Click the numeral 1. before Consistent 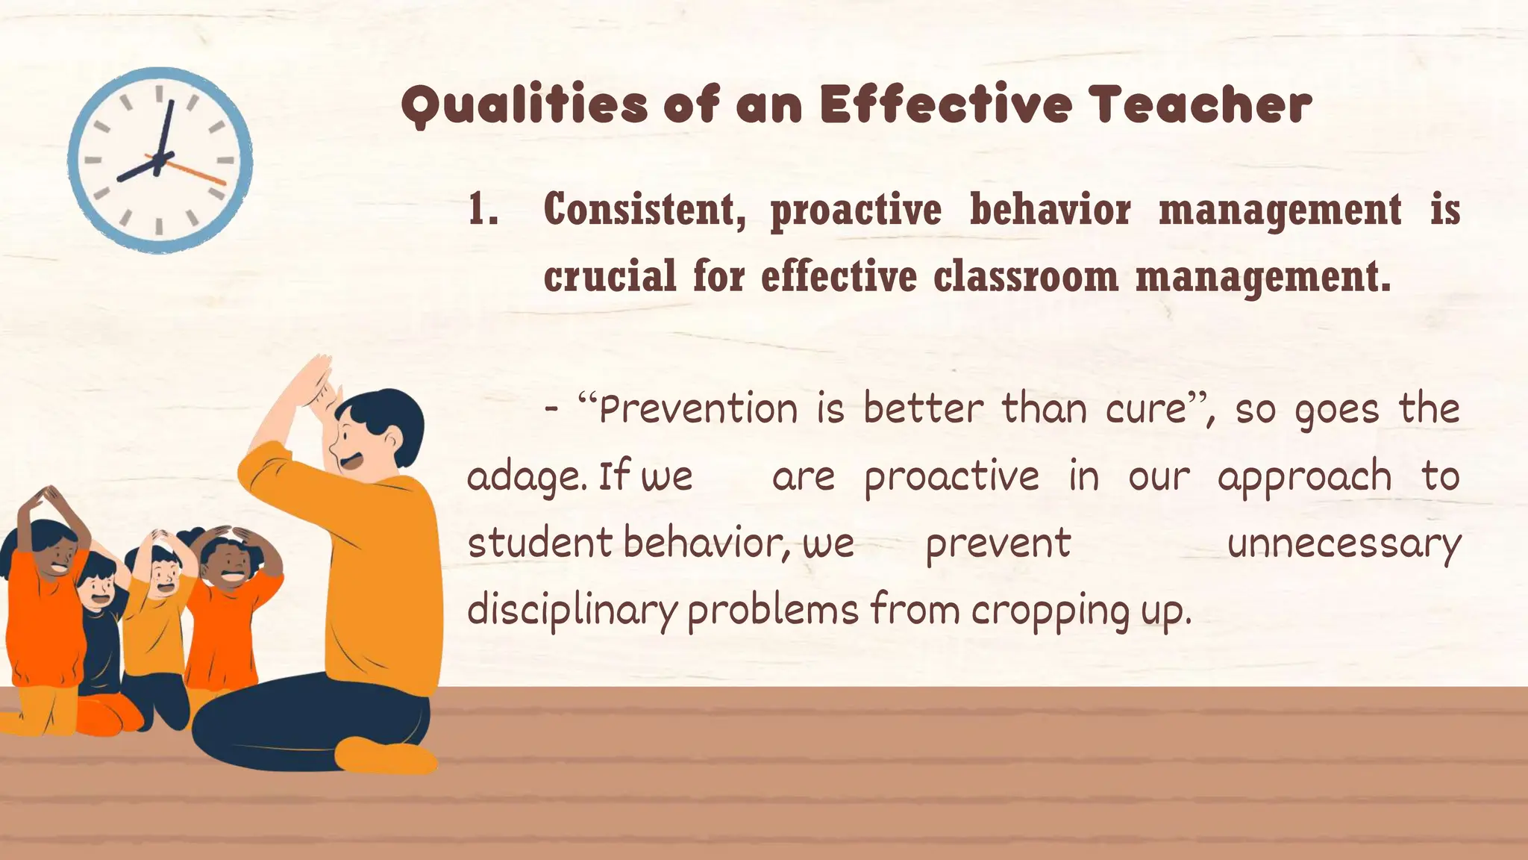pyautogui.click(x=483, y=210)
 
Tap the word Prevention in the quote pyautogui.click(x=698, y=409)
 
